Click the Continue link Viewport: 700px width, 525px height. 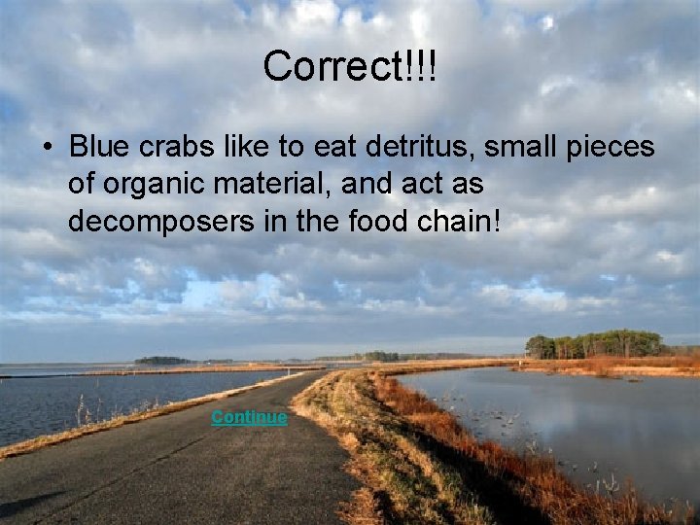coord(249,417)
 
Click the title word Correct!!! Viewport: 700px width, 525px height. coord(349,66)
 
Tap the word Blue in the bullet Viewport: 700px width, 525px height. coord(92,148)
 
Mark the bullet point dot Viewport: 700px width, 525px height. coord(46,149)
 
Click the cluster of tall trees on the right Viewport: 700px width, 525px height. coord(595,344)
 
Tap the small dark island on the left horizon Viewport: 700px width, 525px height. coord(162,361)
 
